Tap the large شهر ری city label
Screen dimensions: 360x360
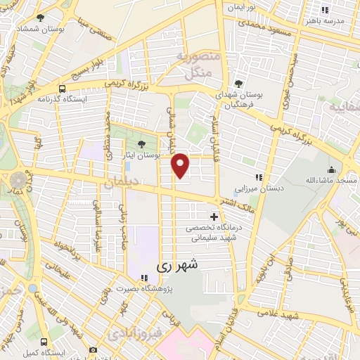coord(172,266)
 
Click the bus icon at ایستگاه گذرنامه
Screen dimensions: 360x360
coord(63,89)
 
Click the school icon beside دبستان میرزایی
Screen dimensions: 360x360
coord(258,177)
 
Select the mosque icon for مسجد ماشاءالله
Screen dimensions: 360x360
coord(331,169)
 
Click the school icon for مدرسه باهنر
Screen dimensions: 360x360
coord(324,10)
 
